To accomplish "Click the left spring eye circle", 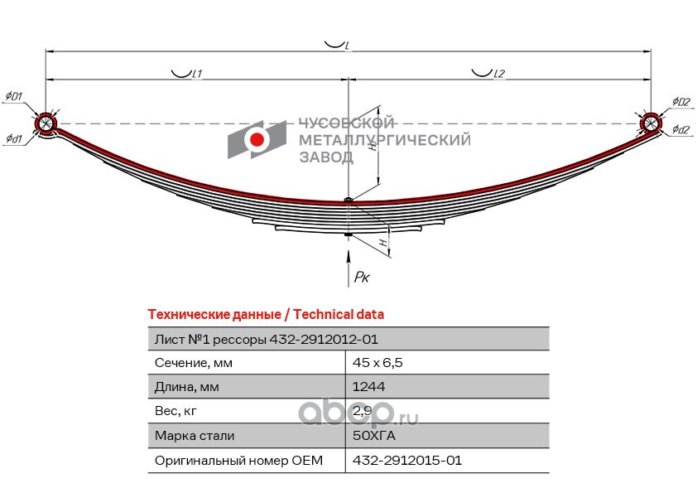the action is [x=46, y=124].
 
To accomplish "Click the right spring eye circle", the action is [x=651, y=123].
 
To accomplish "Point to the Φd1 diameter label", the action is [x=13, y=138].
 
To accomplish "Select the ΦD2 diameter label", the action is [x=681, y=101].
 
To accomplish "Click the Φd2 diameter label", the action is [x=680, y=129].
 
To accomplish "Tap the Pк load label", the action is [x=362, y=277].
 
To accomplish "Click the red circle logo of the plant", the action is [x=257, y=138].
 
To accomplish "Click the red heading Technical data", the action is [x=266, y=315].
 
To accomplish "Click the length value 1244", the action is [x=369, y=387].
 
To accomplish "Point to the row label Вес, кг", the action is [x=175, y=411].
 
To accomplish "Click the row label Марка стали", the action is [x=195, y=435].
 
